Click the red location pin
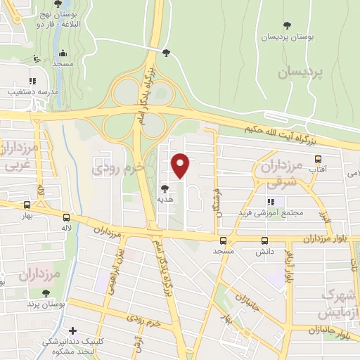click(181, 166)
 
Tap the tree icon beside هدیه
click(165, 188)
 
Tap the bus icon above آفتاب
click(318, 159)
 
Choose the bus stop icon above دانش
click(264, 240)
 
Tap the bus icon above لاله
click(66, 218)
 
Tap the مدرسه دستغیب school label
click(30, 91)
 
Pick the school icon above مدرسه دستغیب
click(33, 79)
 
